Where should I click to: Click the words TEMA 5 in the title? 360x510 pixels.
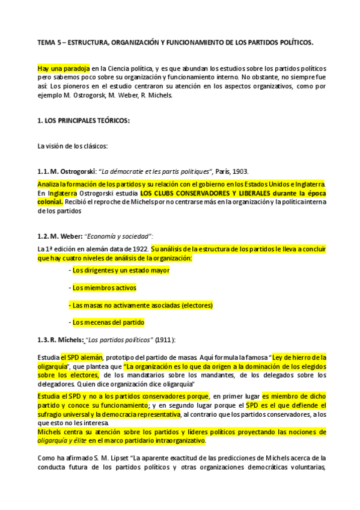(47, 43)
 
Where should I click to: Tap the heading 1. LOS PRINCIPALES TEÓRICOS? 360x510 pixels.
(84, 120)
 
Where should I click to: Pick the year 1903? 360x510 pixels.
(239, 171)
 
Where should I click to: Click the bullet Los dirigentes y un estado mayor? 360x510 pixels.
(120, 271)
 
